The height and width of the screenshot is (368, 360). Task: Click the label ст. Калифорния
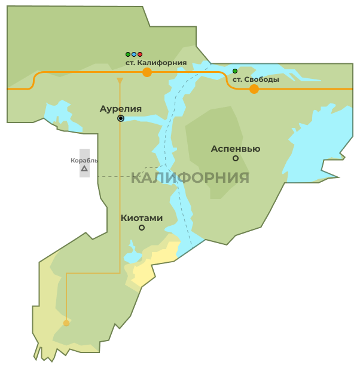[x=156, y=62]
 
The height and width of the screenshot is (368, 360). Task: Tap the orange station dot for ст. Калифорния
[x=147, y=72]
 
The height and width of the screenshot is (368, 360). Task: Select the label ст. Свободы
[x=255, y=79]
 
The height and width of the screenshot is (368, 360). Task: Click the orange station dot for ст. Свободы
[x=254, y=89]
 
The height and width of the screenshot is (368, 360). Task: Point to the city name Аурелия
[x=121, y=109]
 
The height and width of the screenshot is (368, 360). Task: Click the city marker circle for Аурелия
[x=121, y=118]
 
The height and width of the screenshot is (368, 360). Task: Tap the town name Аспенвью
[x=236, y=149]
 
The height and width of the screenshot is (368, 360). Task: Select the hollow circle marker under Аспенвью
[x=236, y=158]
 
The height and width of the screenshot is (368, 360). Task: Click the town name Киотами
[x=142, y=218]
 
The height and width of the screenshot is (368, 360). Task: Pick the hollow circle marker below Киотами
[x=142, y=228]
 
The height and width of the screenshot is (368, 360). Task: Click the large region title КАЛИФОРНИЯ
[x=190, y=177]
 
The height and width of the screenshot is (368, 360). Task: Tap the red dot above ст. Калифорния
[x=140, y=54]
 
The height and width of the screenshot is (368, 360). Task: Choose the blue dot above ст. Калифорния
[x=134, y=54]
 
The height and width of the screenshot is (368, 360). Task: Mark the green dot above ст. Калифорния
[x=128, y=54]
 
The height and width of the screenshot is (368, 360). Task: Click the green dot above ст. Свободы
[x=235, y=71]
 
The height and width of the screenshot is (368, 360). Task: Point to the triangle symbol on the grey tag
[x=84, y=169]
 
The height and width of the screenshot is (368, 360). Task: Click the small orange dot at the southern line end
[x=66, y=323]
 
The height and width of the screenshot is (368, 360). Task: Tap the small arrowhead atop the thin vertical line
[x=120, y=80]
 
